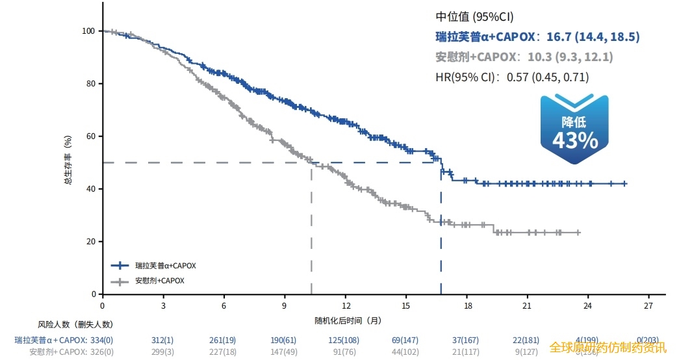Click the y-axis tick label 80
[x=90, y=84]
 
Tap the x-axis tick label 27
[x=648, y=305]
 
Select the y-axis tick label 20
[x=90, y=242]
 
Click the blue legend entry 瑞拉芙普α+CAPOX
[x=165, y=266]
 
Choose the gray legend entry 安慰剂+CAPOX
[x=159, y=281]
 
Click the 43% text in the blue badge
[x=574, y=140]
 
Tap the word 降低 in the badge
[x=574, y=122]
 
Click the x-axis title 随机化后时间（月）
[x=347, y=320]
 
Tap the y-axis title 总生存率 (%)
[x=68, y=161]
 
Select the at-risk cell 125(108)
[x=344, y=340]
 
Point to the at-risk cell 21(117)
[x=467, y=352]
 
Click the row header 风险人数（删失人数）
[x=75, y=324]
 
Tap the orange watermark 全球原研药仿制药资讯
[x=608, y=347]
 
